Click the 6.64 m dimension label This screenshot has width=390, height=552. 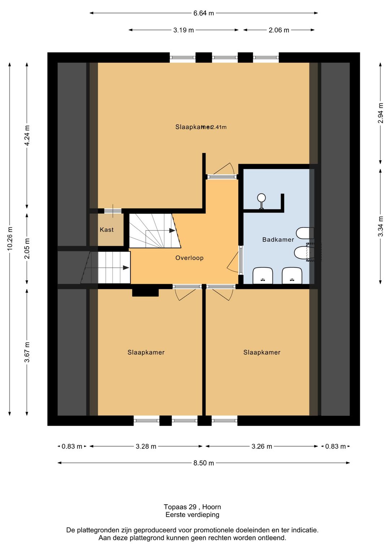(x=203, y=13)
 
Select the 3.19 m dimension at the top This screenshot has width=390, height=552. (x=183, y=30)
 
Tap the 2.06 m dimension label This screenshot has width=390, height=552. (x=279, y=30)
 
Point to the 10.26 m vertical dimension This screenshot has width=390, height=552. (x=10, y=238)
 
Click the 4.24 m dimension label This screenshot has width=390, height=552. (x=27, y=136)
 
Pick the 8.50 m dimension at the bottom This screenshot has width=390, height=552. (x=203, y=463)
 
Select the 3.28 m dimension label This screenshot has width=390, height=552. (x=146, y=446)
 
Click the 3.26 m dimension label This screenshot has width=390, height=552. (x=262, y=446)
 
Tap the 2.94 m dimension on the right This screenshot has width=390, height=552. (x=381, y=113)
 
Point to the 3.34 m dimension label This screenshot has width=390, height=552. (x=381, y=226)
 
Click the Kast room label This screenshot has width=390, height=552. (x=107, y=230)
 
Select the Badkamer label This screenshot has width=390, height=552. (x=278, y=239)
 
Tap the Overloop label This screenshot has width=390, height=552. (x=189, y=258)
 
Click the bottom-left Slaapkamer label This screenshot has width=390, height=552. (x=146, y=352)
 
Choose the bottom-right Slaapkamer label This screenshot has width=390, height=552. (x=262, y=352)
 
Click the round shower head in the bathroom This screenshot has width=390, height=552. (x=261, y=198)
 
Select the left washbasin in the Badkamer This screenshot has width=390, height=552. (x=263, y=276)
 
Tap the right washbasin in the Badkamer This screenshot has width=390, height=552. (x=292, y=276)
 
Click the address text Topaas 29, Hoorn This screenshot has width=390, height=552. (x=192, y=507)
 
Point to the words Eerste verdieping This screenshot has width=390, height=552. (x=192, y=515)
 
